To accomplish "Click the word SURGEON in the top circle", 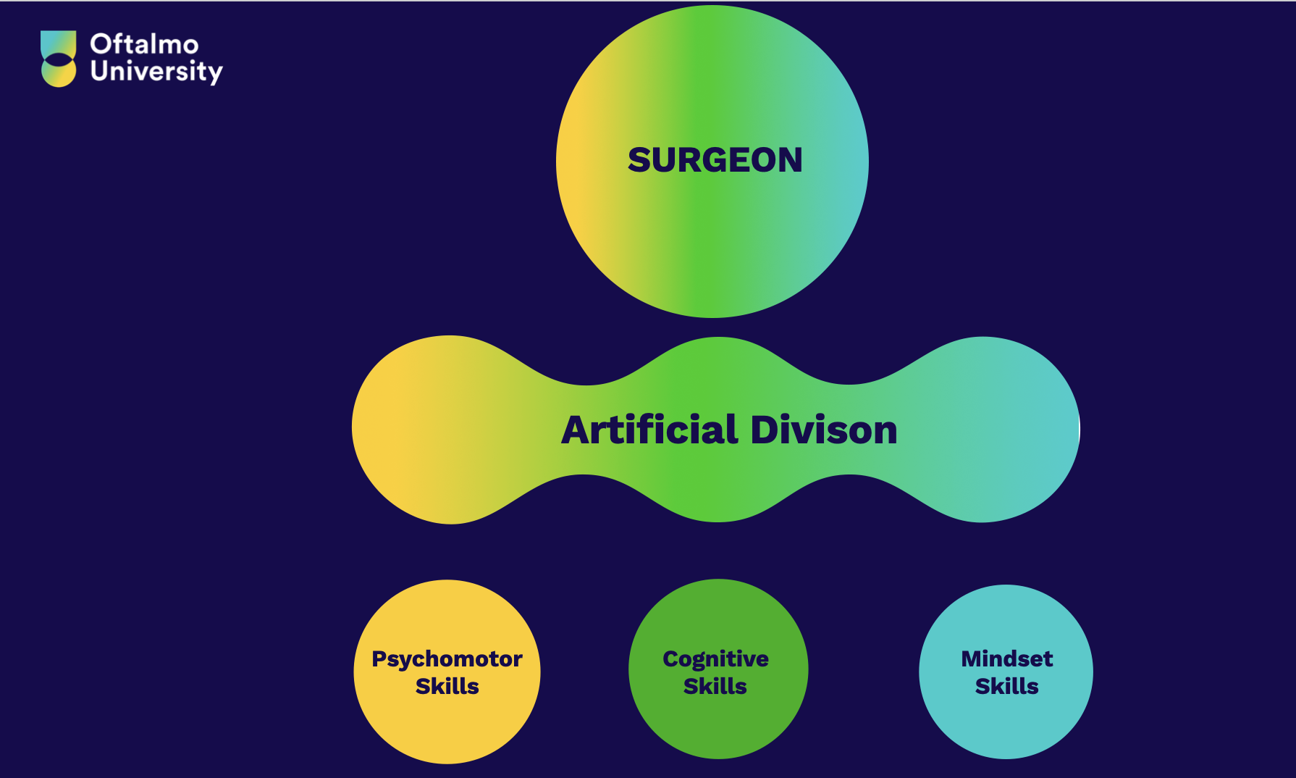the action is tap(715, 160).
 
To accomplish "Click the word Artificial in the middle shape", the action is tap(649, 430).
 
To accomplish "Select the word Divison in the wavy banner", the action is tap(824, 430).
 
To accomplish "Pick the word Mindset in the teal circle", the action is tap(1006, 658).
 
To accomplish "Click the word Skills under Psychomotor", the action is tap(447, 685).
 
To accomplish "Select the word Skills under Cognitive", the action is tap(715, 685).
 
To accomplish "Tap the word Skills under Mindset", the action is tap(1006, 685).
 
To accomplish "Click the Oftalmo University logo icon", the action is tap(58, 59).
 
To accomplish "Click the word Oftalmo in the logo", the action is tap(144, 44).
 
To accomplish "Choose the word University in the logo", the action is tap(156, 72).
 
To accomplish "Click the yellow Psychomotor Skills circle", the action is tap(447, 672).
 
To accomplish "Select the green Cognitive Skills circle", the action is tap(718, 669).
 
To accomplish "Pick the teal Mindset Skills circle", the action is tap(1006, 672).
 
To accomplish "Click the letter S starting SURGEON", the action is tap(639, 160).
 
